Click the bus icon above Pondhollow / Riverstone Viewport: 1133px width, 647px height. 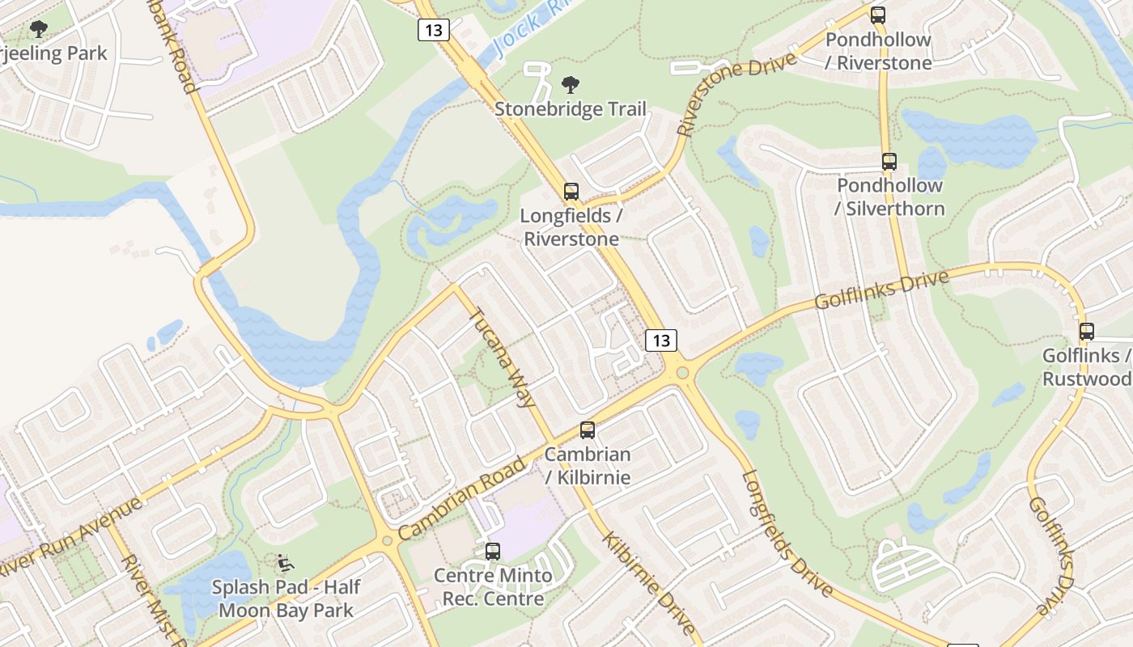pos(878,15)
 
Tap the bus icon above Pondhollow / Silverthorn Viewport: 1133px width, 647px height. pos(889,162)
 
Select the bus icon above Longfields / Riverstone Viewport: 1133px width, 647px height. pos(571,192)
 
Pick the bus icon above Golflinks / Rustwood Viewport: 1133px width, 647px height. pos(1087,332)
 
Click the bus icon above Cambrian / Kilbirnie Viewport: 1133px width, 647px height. pos(588,430)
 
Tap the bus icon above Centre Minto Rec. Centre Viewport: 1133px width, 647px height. pos(493,552)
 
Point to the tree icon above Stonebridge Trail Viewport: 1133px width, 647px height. pos(571,85)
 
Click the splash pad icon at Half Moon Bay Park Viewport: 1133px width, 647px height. pos(285,562)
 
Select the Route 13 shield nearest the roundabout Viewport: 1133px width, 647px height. pos(661,340)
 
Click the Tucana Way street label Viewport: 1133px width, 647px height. pos(503,357)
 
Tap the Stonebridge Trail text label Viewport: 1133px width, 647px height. pos(571,109)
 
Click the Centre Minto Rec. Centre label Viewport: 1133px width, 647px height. pos(493,588)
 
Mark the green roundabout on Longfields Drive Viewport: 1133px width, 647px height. pos(682,373)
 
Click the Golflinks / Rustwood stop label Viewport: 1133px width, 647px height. pos(1087,367)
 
